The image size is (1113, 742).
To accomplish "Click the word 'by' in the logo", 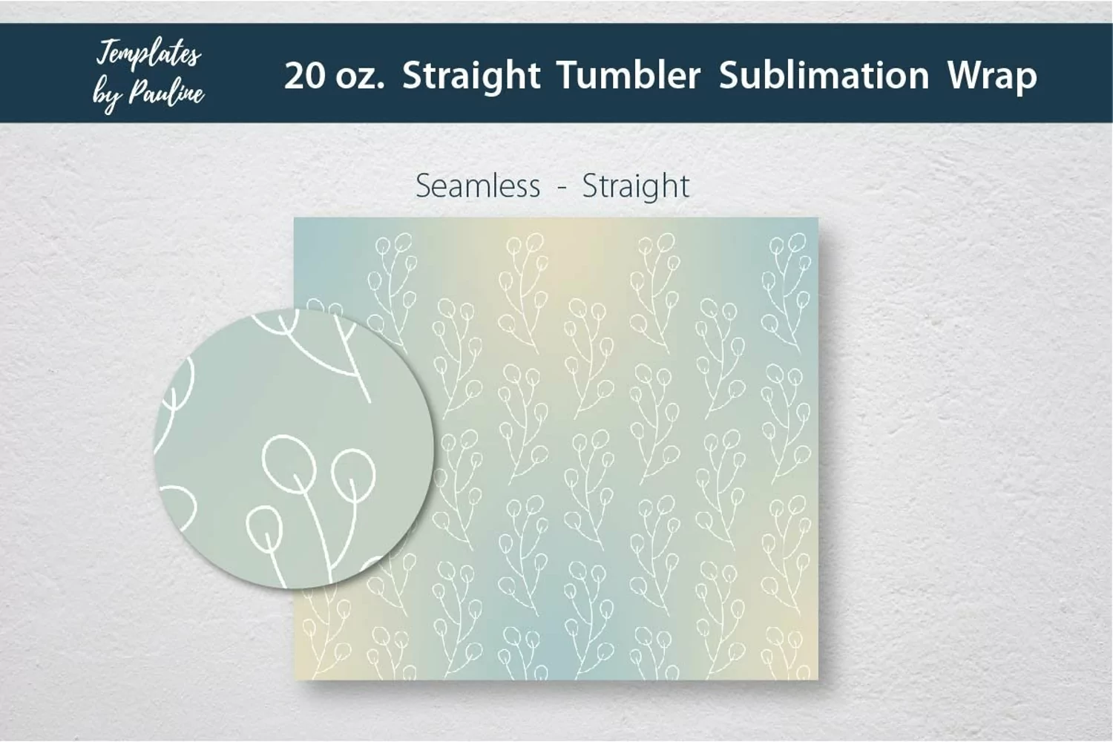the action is pos(108,96).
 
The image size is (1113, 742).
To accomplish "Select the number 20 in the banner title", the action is pos(304,76).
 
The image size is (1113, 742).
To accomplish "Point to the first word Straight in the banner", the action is pos(471,76).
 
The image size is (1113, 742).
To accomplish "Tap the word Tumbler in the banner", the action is pos(628,75).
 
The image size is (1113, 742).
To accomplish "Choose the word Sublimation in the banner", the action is pos(824,75).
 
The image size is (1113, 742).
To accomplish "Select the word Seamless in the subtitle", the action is pos(478,185).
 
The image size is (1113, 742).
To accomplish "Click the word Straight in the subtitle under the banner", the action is pos(635,187).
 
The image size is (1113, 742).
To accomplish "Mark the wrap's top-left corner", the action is pos(294,217).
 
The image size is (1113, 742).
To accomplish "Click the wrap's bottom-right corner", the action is pos(818,680).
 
